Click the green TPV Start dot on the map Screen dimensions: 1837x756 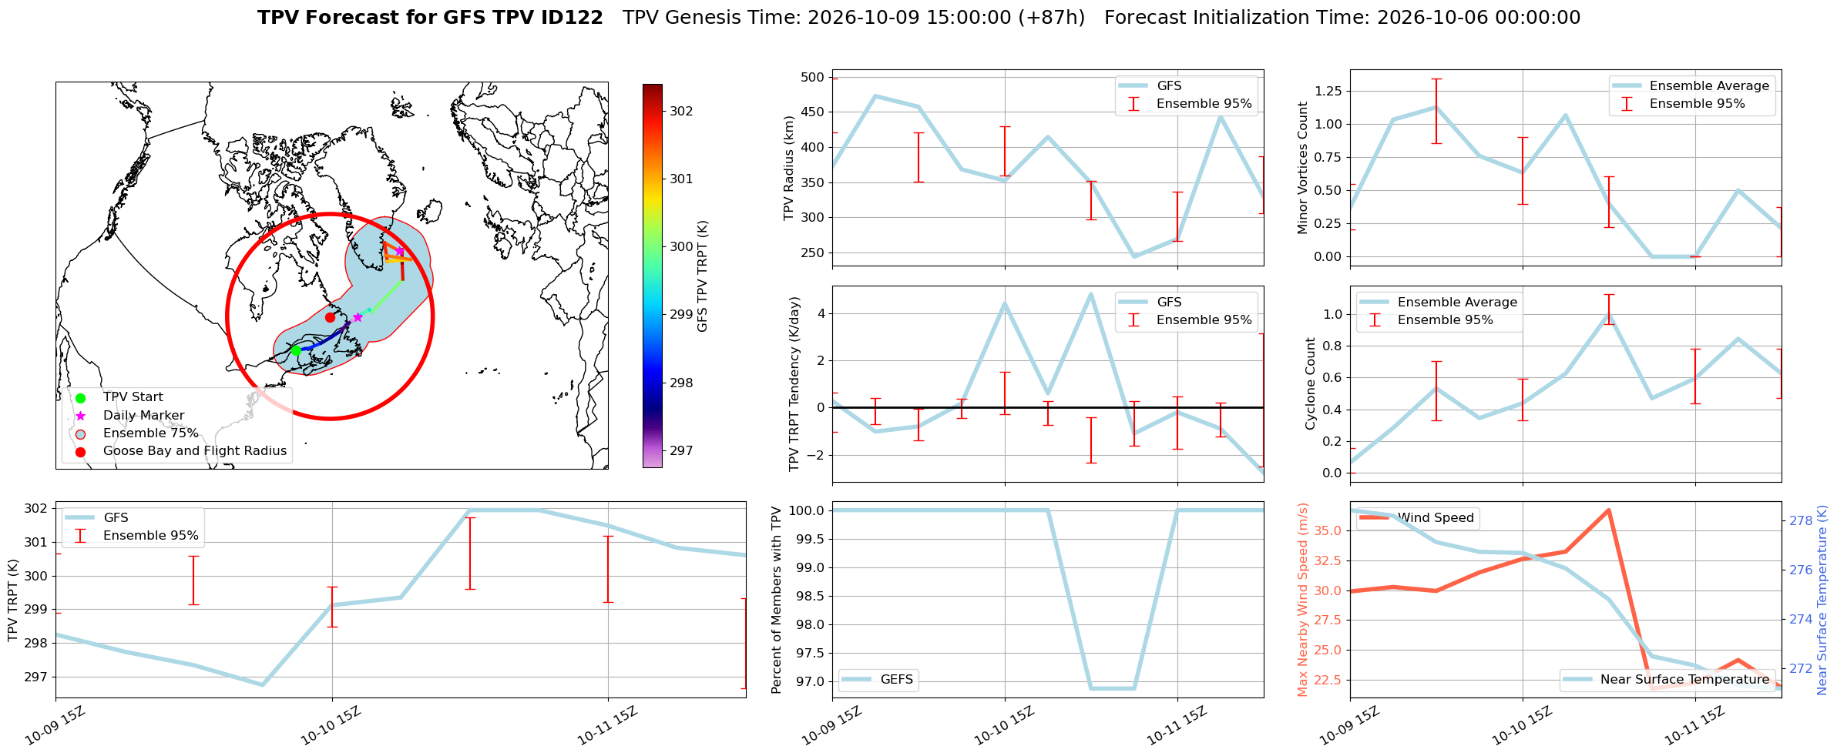(296, 351)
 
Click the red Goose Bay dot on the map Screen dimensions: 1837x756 (330, 317)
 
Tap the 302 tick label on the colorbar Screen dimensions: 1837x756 (681, 111)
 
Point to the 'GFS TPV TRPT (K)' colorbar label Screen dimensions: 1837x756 (702, 276)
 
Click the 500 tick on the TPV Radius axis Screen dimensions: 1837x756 (813, 77)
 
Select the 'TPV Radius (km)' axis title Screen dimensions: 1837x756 (788, 168)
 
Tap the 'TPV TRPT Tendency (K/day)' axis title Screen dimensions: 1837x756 (794, 384)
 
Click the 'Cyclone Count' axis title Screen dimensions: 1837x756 (1311, 383)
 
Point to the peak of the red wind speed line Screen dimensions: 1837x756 (1609, 510)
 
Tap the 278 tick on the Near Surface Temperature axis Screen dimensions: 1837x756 (1801, 520)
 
